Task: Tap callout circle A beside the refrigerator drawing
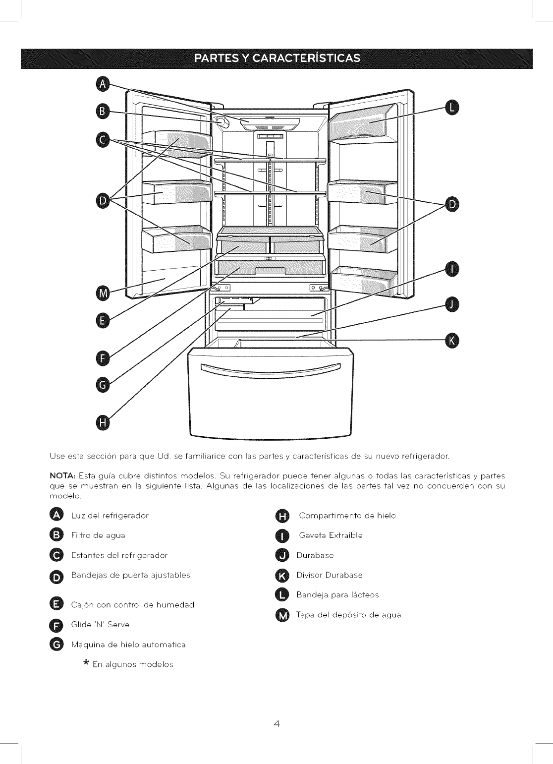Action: point(103,84)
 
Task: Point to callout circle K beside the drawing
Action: point(452,341)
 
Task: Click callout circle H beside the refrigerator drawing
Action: point(103,422)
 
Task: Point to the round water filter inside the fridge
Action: point(222,121)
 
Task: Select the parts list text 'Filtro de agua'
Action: point(98,535)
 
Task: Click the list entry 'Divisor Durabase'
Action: point(330,575)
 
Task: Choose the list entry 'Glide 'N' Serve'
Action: point(100,625)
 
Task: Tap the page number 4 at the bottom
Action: point(276,723)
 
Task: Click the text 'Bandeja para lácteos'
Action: point(337,595)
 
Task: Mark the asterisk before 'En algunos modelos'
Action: point(87,663)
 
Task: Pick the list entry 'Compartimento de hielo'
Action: point(347,516)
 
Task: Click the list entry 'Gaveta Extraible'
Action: point(331,535)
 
